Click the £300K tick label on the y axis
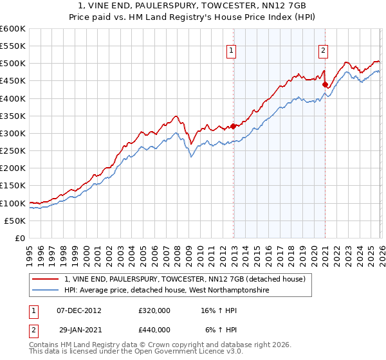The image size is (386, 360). [13, 134]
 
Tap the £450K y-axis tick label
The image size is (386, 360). [13, 81]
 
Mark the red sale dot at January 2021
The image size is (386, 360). [326, 84]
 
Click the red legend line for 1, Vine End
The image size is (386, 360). [46, 279]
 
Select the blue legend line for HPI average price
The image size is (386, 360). [46, 291]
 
